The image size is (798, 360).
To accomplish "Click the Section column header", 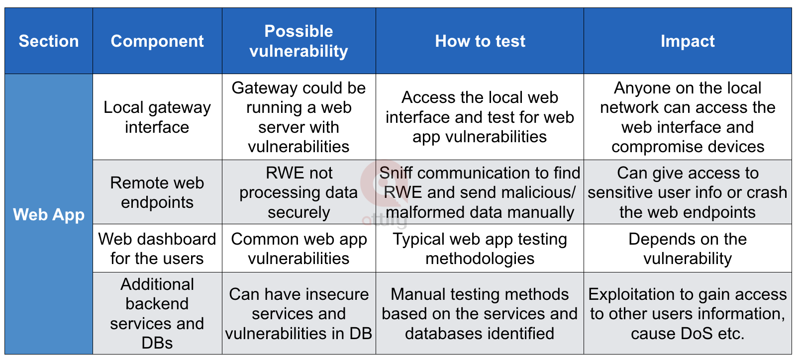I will coord(49,41).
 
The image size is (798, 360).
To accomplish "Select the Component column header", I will coord(157,41).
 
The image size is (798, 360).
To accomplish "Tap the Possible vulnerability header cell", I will coord(299,41).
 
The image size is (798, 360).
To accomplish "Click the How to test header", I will coord(480,41).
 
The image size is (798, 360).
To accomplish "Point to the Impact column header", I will coord(688,41).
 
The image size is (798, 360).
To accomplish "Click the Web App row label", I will coord(49,214).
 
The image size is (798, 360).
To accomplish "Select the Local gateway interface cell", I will coord(157,117).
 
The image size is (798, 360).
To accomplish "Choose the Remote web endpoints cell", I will coord(157,192).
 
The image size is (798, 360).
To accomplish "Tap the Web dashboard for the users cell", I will coord(157,249).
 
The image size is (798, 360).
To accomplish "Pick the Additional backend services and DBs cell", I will coord(157,313).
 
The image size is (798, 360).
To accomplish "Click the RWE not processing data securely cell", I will coord(299,192).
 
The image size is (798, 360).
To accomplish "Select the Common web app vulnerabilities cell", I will coord(299,249).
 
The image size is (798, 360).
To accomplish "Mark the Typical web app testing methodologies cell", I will coord(480,249).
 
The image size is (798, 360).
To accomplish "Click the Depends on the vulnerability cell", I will coord(688,249).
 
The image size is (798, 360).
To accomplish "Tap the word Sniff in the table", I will coord(397,173).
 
